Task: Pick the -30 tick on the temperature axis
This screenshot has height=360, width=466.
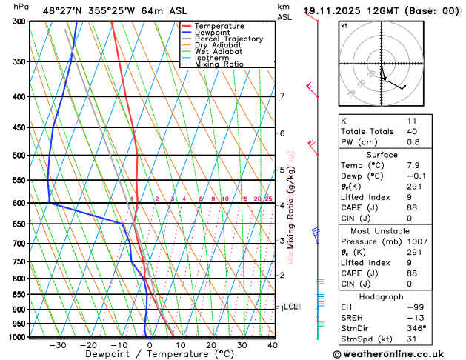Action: [57, 345]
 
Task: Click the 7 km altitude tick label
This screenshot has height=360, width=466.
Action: [282, 96]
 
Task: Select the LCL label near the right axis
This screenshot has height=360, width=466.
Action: [291, 306]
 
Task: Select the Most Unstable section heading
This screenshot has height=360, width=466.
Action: [398, 230]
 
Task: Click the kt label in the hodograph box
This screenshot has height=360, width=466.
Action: [344, 25]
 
